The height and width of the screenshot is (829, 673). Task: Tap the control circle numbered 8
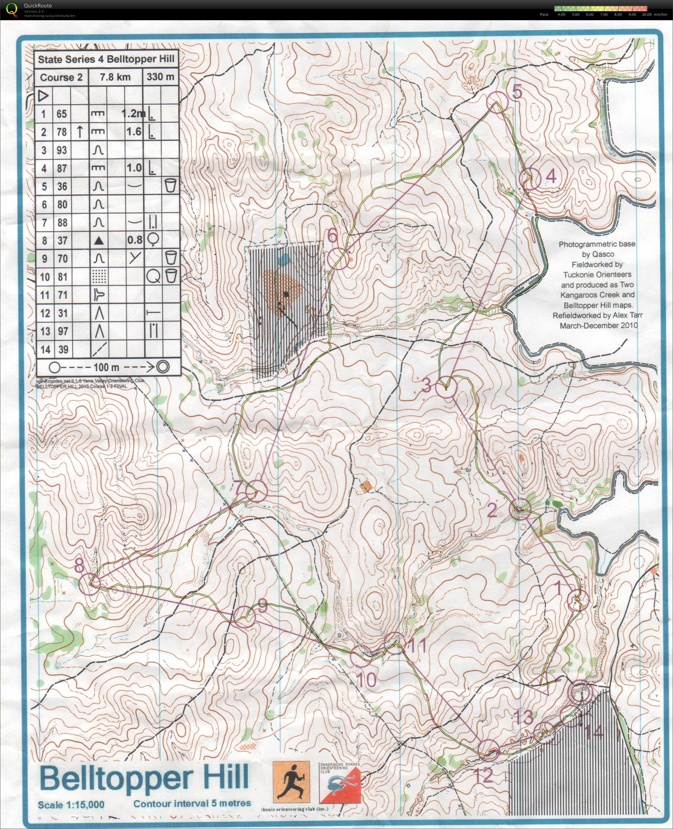90,584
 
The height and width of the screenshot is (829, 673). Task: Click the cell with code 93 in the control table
62,150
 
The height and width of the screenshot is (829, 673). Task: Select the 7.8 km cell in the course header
115,77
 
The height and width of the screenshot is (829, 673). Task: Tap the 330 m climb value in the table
160,77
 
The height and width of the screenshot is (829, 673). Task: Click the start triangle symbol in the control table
43,95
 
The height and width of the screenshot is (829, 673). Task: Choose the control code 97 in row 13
62,331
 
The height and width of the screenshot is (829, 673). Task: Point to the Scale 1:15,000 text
71,805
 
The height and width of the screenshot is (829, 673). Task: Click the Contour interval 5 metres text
192,803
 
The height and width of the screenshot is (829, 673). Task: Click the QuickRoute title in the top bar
38,6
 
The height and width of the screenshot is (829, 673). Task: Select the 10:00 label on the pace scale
646,15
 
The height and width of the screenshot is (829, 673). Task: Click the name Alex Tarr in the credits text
627,315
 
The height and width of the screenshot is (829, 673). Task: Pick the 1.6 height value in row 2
134,132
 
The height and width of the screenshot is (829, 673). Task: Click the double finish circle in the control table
163,366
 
